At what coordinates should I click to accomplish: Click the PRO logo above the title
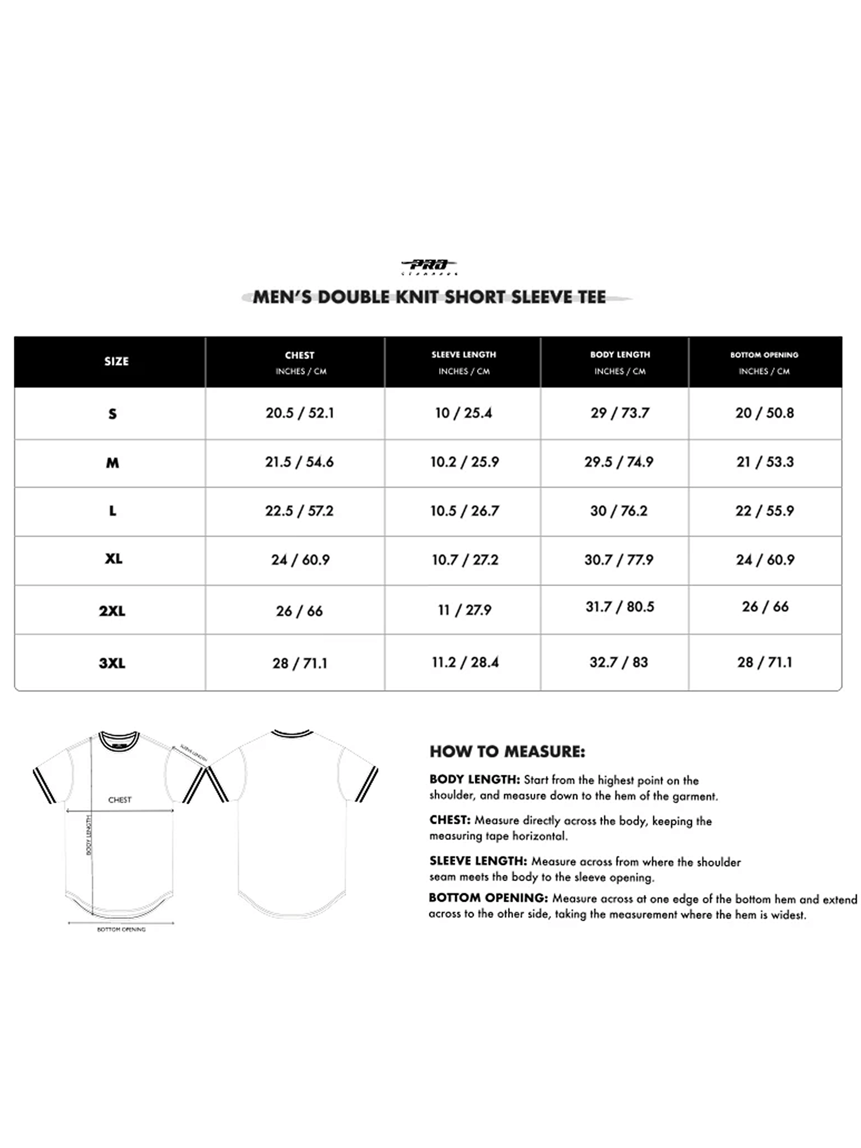tap(429, 266)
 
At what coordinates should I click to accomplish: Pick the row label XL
tap(113, 559)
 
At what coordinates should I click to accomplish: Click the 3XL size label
tap(112, 664)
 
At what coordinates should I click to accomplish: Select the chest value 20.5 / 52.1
tap(300, 413)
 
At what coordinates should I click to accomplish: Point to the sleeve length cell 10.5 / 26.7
tap(465, 511)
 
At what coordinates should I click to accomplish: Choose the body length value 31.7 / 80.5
tap(620, 607)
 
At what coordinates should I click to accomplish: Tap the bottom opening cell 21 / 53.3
tap(765, 462)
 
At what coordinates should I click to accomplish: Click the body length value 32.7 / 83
tap(619, 662)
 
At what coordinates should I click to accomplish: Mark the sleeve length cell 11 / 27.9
tap(465, 610)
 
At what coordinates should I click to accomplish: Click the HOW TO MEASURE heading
tap(507, 752)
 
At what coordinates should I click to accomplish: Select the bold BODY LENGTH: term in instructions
tap(475, 779)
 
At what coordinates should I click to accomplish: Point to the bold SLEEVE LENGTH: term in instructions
tap(478, 861)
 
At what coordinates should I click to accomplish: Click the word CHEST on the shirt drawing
tap(120, 800)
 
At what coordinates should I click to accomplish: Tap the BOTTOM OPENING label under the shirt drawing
tap(121, 929)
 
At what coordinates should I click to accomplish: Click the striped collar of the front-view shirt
tap(119, 741)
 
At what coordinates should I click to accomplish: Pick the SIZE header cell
tap(117, 362)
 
